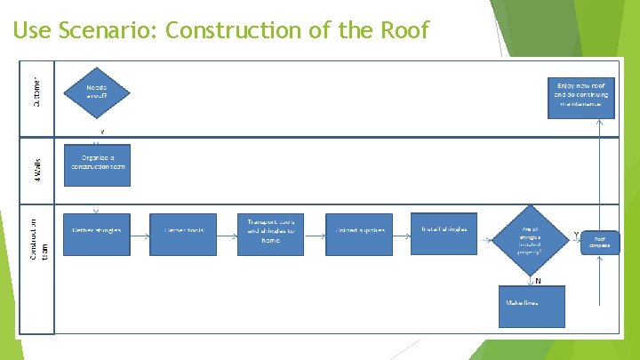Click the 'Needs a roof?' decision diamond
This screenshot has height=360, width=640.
[97, 92]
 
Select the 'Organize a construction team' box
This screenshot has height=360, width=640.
[97, 164]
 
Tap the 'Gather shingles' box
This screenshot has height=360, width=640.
[97, 230]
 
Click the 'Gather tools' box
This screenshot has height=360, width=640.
[183, 230]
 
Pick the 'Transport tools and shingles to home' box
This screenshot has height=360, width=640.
[270, 230]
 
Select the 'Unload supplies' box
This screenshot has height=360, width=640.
[359, 230]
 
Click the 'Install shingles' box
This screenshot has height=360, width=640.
[444, 229]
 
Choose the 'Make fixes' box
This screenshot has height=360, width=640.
[531, 303]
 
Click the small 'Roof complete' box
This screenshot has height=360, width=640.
[600, 240]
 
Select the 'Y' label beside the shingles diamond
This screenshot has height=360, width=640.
[576, 234]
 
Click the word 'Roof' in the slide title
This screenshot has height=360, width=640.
[406, 31]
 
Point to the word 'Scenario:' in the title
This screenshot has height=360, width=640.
[108, 31]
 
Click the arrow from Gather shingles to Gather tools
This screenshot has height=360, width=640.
[140, 230]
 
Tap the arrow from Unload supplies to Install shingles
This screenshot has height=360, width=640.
[401, 230]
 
